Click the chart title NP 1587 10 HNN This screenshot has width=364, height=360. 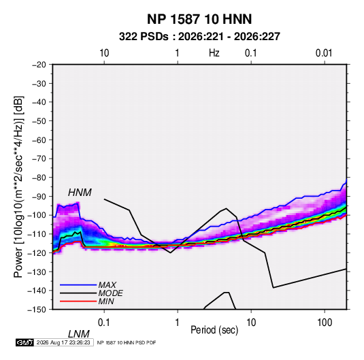tap(199, 19)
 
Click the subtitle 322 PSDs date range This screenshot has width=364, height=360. tap(199, 37)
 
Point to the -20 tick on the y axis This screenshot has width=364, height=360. tap(39, 65)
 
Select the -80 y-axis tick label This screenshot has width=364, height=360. tap(39, 178)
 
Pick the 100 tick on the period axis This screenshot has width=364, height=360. tap(325, 323)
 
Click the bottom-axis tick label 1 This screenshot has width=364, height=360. tap(178, 323)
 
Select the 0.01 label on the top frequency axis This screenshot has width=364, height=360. tap(324, 53)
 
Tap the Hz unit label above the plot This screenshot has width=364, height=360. tap(214, 53)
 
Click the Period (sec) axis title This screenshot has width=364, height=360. tap(214, 330)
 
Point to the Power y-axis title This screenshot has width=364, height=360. tap(19, 186)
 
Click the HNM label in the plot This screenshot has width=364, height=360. tap(80, 193)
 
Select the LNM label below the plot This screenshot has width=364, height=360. tap(79, 334)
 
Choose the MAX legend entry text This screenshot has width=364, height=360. tap(107, 285)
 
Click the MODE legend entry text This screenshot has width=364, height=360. tap(110, 293)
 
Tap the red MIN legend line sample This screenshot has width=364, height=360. tap(78, 301)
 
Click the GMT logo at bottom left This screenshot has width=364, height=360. tap(24, 342)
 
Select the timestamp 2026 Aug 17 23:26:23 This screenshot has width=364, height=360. tap(63, 342)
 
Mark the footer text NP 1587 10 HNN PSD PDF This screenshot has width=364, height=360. tap(127, 343)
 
